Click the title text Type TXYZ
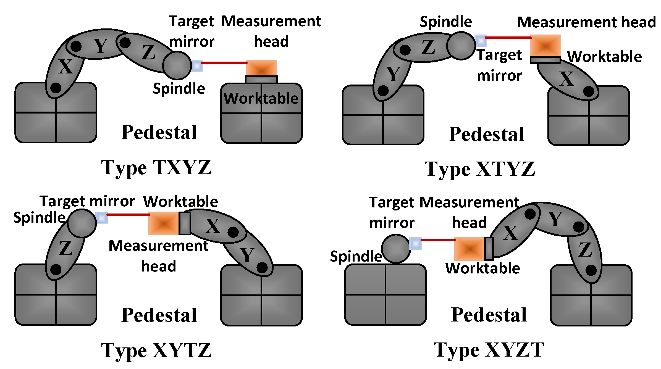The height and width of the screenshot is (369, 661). point(156,168)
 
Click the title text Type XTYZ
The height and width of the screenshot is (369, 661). point(480,169)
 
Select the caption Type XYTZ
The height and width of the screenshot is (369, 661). point(156,350)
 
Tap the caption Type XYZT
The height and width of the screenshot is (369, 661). point(489,350)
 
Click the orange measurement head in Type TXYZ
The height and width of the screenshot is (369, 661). point(261,68)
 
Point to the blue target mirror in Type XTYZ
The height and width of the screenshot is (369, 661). point(481,41)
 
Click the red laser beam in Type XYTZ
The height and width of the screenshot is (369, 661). point(128,215)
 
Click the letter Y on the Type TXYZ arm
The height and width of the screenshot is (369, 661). point(100,46)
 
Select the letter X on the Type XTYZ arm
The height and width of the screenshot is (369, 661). point(566,79)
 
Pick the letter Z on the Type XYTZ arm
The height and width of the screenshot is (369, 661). point(66,248)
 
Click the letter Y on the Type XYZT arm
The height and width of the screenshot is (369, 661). point(555,219)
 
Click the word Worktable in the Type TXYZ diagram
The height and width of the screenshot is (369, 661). point(261,99)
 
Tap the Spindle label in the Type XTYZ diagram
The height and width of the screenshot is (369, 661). point(445,22)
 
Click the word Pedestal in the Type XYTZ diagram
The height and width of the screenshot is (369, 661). point(159,315)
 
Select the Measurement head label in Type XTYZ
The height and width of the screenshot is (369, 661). point(586,22)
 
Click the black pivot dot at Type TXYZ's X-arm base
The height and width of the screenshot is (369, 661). point(56,88)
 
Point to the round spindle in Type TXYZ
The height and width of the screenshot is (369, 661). point(177,65)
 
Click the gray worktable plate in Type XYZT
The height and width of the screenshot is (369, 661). point(489,249)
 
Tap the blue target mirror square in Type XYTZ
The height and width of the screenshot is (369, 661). point(101,218)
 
